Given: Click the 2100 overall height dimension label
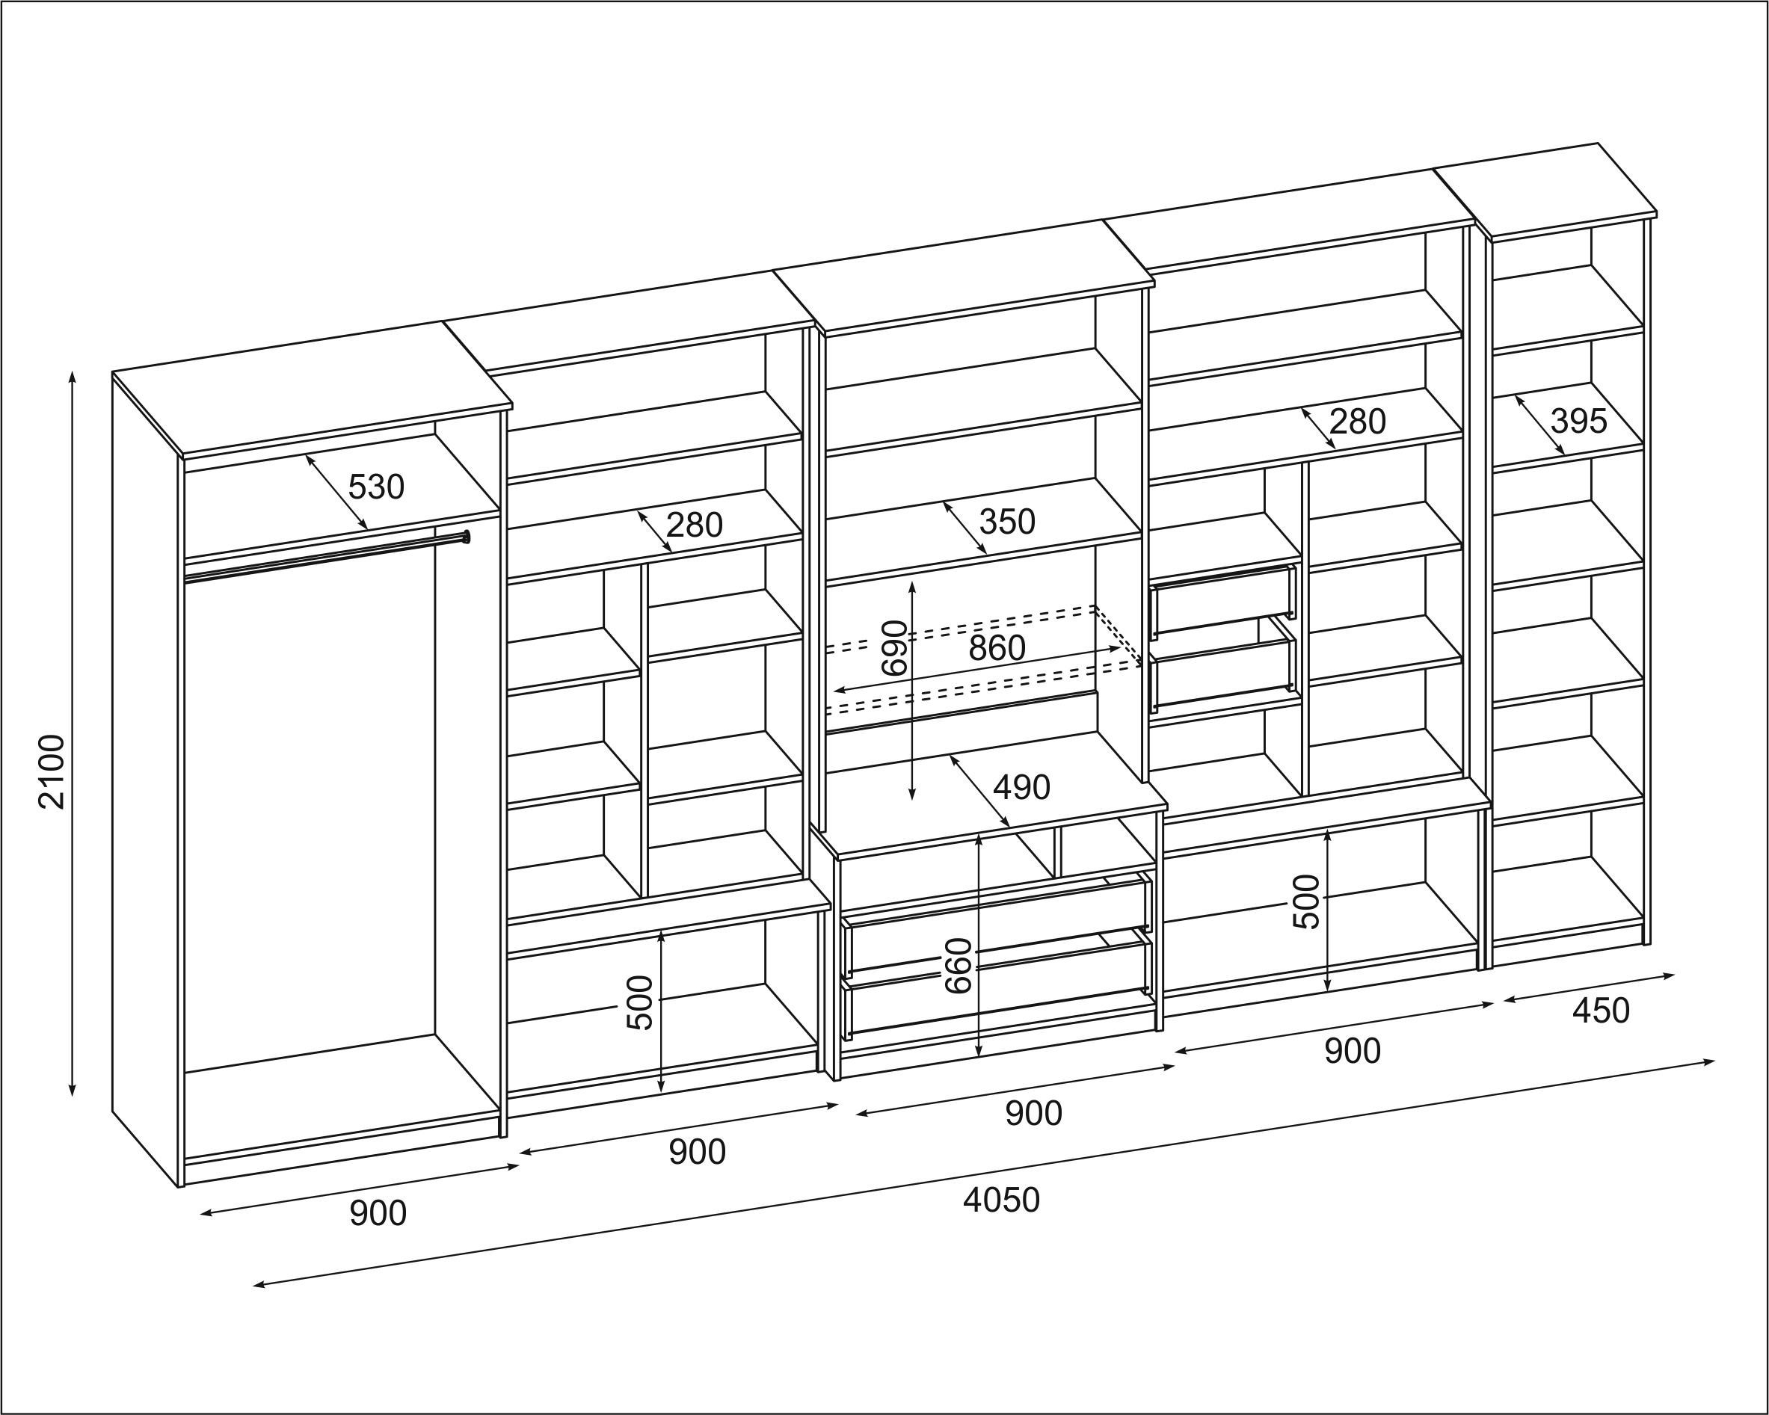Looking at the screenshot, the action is point(52,772).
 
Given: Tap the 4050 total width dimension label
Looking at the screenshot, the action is point(1001,1200).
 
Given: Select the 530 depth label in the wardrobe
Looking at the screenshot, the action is point(376,487).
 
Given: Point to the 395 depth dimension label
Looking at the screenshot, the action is point(1578,421).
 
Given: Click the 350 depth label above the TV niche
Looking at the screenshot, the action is point(1007,521).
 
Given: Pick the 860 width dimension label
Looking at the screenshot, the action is point(997,648).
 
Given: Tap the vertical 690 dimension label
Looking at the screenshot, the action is point(894,648).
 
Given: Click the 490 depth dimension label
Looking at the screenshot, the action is point(1021,787).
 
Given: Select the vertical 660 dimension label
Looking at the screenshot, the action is point(959,966).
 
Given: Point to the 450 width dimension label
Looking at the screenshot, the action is point(1601,1011).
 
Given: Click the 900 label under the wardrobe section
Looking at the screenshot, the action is point(378,1213).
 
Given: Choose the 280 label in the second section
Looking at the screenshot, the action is point(694,525).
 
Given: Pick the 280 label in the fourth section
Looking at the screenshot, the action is point(1358,422).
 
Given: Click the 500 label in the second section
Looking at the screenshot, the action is point(640,1002).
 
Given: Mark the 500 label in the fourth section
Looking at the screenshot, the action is point(1306,901).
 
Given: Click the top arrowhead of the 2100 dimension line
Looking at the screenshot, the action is point(73,376).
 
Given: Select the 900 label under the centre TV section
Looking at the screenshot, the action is point(1034,1113).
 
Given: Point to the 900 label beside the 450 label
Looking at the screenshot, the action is point(1353,1051).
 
